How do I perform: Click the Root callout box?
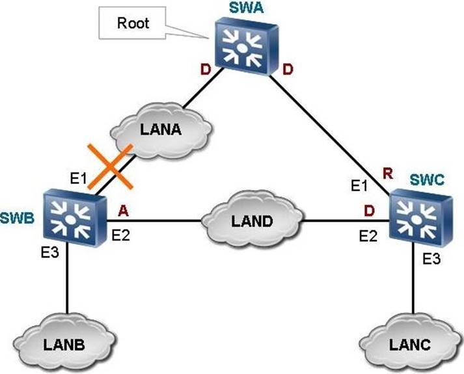coord(133,23)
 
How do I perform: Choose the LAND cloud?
coord(251,221)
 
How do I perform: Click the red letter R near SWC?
coord(388,173)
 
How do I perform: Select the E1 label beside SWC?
coord(360,186)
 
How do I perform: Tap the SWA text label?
coord(243,10)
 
